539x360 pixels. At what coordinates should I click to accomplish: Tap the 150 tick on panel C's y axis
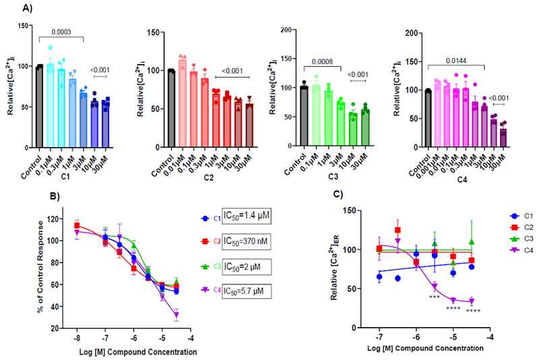[363, 211]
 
